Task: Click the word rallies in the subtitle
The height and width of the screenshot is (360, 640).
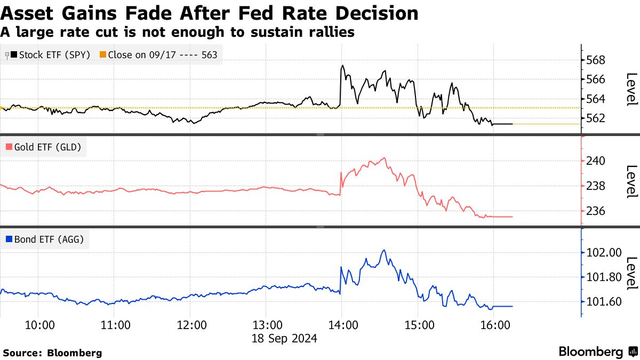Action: click(x=329, y=32)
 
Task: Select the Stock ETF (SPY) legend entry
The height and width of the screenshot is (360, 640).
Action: click(x=50, y=54)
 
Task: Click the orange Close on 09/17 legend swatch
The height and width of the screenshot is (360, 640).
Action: click(x=103, y=54)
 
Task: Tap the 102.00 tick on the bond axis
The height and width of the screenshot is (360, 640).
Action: click(x=603, y=253)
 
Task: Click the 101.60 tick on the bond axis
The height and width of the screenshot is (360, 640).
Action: click(x=603, y=302)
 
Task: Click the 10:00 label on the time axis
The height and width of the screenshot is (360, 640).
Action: click(x=40, y=325)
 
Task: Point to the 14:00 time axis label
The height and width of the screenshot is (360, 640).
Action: click(x=342, y=325)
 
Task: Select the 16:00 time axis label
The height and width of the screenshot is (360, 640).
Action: click(x=494, y=325)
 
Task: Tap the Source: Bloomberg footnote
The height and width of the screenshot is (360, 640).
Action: click(x=52, y=353)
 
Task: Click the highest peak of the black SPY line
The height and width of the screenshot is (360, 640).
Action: click(x=342, y=66)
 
